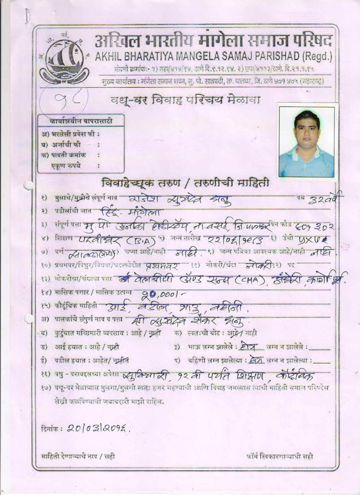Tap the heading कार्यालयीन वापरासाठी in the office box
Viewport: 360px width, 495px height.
[81, 121]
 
